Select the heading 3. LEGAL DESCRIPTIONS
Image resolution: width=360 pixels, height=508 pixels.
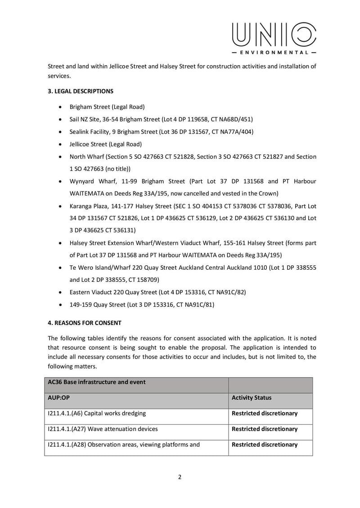pyautogui.click(x=81, y=91)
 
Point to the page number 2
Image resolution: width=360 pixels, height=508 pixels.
pyautogui.click(x=180, y=477)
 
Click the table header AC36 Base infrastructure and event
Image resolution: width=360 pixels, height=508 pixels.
pyautogui.click(x=94, y=382)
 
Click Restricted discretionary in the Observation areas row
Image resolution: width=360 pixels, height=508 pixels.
pyautogui.click(x=265, y=445)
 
